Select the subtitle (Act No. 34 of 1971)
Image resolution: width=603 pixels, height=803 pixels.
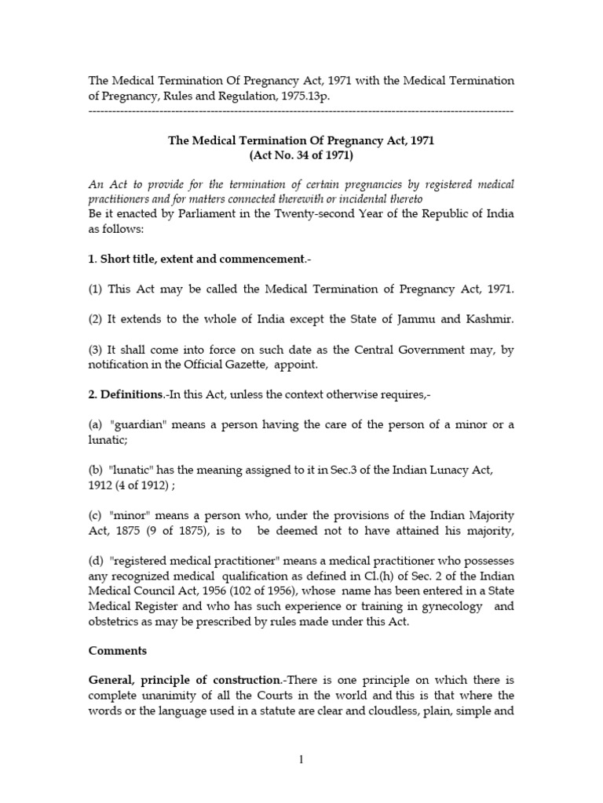[x=301, y=156]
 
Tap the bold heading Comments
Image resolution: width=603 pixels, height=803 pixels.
[x=117, y=651]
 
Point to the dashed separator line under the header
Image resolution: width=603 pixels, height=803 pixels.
[x=301, y=111]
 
